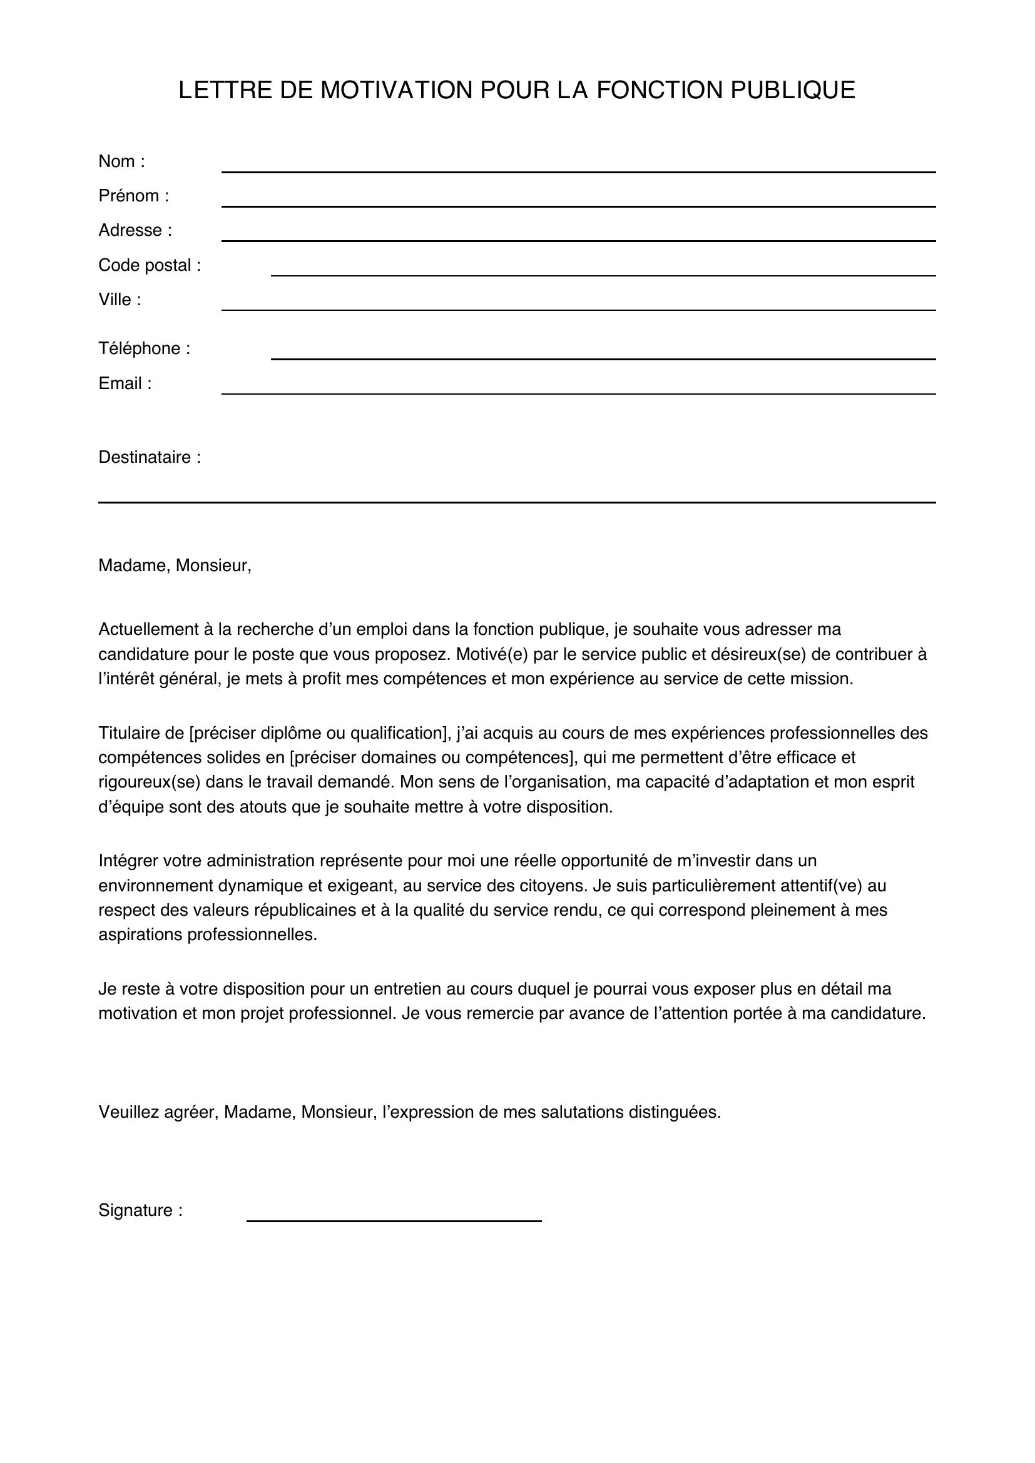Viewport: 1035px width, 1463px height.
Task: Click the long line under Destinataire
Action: (x=516, y=502)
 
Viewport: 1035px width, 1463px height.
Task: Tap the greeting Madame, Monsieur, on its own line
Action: (x=175, y=566)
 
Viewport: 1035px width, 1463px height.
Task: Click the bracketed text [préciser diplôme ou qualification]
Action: (x=320, y=734)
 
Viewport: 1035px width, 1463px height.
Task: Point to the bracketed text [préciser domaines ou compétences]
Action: (x=433, y=757)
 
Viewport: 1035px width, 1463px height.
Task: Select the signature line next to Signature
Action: (x=394, y=1220)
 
